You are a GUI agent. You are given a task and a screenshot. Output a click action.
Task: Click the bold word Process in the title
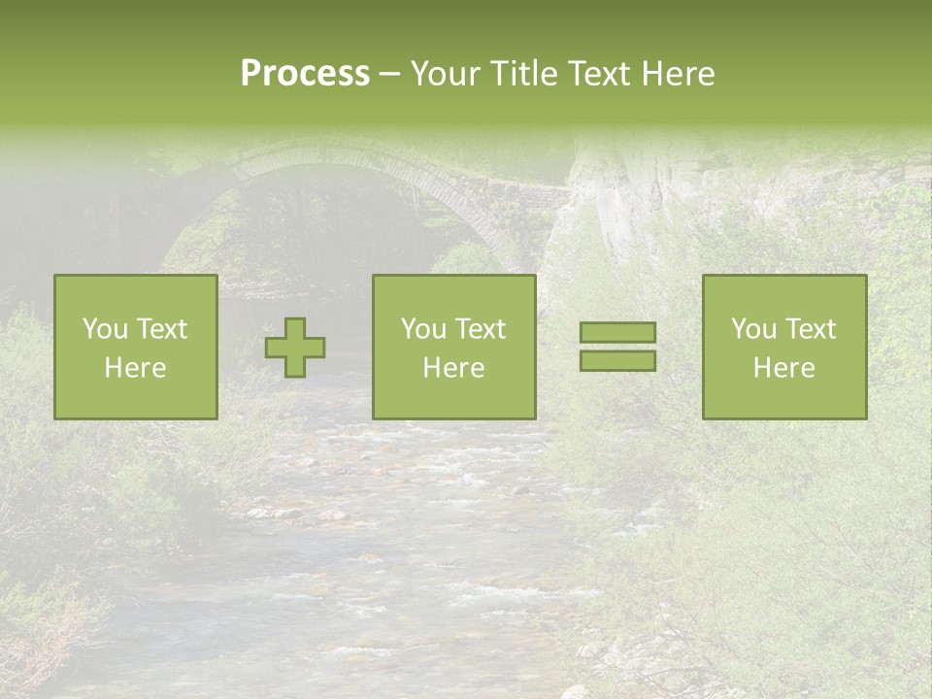pos(305,74)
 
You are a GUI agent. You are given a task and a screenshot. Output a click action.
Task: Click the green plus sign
pos(295,348)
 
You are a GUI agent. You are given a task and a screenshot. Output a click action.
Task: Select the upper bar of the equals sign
pos(617,333)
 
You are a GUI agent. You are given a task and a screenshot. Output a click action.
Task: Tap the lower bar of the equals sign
pos(617,361)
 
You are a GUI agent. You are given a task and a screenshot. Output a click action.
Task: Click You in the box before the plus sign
pos(104,329)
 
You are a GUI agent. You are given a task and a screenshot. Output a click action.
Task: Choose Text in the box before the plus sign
pos(160,329)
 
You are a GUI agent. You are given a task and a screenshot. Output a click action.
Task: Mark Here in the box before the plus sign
pos(135,368)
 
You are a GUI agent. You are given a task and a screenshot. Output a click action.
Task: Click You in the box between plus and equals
pos(422,329)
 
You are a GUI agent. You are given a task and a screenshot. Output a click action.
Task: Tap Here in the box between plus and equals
pos(453,368)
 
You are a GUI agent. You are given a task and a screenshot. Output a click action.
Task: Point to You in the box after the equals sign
pos(752,329)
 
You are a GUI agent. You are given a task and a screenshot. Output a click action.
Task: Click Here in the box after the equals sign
pos(783,368)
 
